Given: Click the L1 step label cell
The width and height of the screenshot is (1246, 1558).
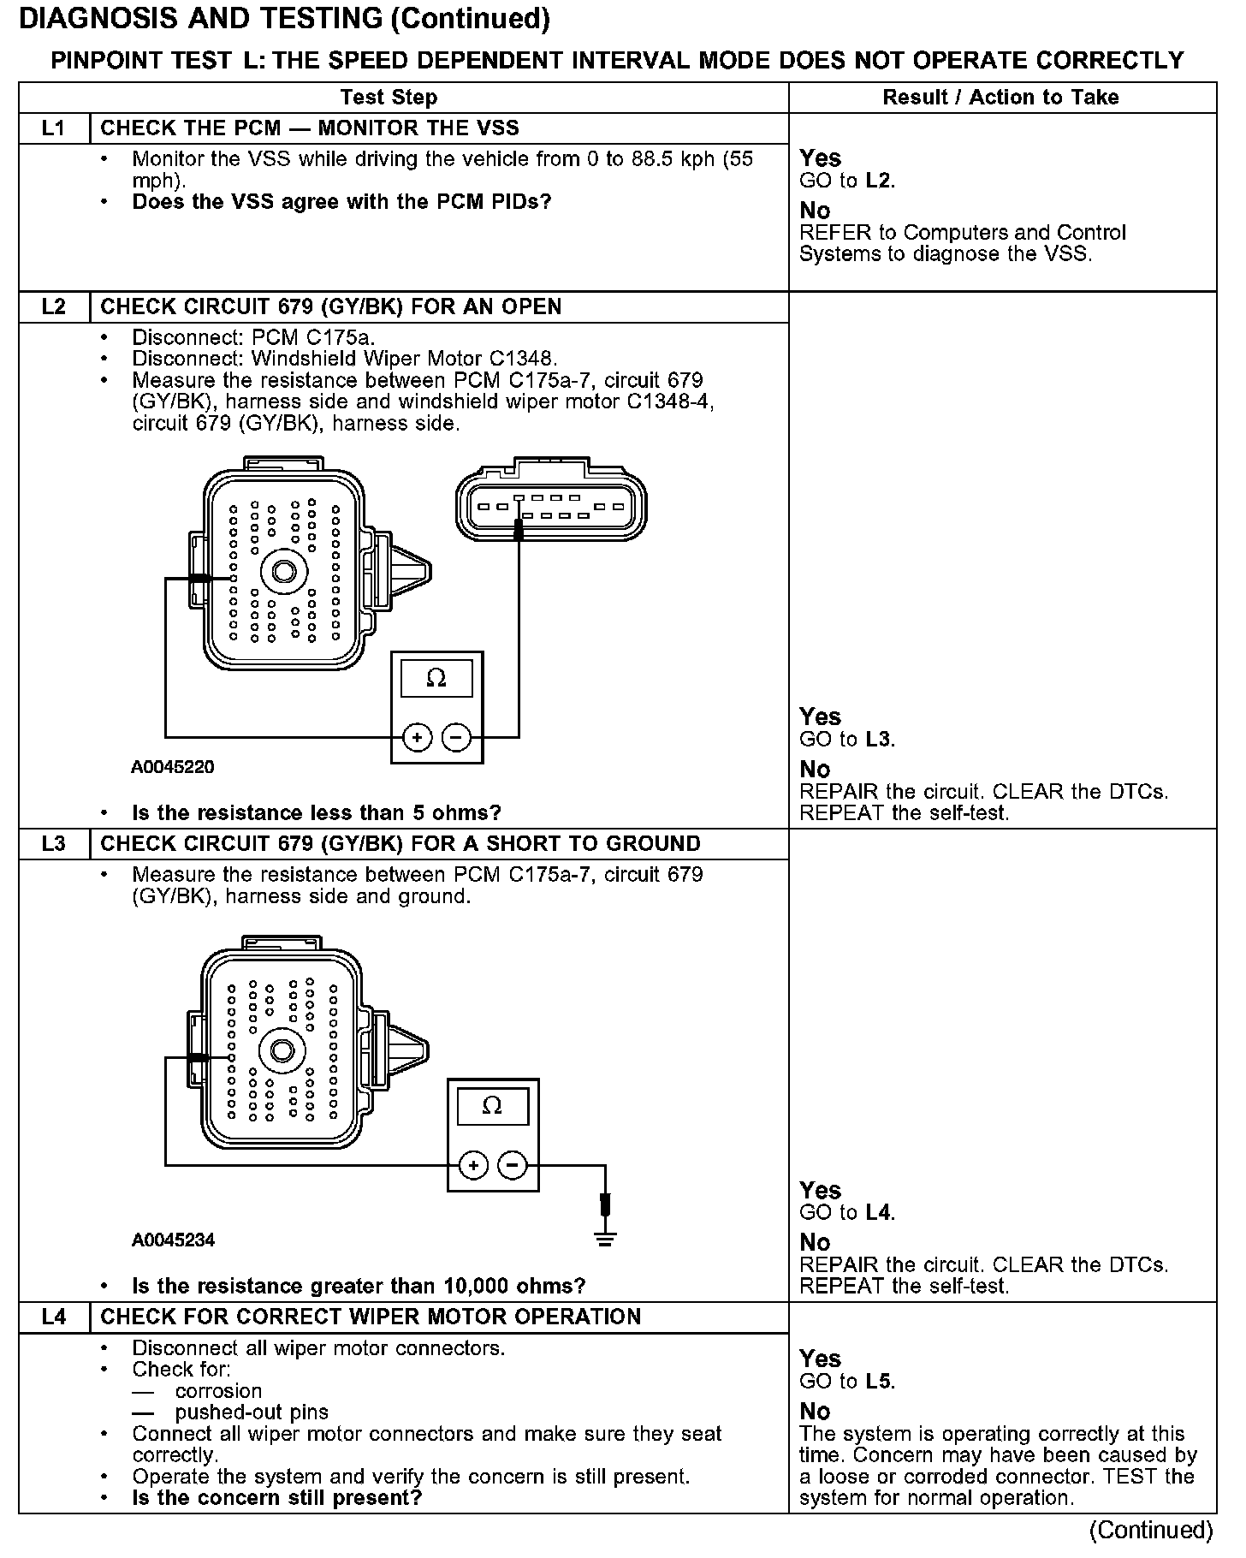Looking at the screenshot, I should click(x=53, y=128).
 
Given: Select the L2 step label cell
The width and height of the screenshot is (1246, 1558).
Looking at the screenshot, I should click(x=53, y=307).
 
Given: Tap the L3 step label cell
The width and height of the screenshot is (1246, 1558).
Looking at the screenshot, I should click(x=53, y=844).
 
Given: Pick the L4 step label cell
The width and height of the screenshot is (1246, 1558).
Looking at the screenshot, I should click(x=53, y=1317).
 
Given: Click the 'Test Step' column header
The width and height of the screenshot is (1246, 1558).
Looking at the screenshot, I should click(x=389, y=98).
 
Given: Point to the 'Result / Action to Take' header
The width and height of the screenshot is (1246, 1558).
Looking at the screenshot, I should click(x=1000, y=98).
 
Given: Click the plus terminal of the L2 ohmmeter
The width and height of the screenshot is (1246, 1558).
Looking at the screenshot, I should click(x=417, y=737).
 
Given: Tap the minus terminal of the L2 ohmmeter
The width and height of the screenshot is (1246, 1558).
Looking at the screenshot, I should click(x=457, y=737).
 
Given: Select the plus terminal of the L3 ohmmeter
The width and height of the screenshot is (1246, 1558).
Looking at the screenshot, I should click(x=473, y=1165).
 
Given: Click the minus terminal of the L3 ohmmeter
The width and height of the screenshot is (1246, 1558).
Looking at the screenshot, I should click(x=513, y=1165).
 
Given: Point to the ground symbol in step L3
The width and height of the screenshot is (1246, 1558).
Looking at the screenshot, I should click(x=605, y=1238).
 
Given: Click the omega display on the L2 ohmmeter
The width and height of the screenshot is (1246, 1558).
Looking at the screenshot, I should click(x=436, y=679).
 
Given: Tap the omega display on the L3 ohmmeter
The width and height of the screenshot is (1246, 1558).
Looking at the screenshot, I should click(x=492, y=1106).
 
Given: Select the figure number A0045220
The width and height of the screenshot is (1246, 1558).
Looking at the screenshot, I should click(x=172, y=767).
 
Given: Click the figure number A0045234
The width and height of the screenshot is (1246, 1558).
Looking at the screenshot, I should click(x=173, y=1240).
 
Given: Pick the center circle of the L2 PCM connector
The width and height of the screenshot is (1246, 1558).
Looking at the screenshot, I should click(x=284, y=571).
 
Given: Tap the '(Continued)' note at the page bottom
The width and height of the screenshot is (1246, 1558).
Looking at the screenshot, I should click(x=1151, y=1530).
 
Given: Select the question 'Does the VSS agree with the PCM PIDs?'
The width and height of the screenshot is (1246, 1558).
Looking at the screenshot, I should click(x=341, y=203).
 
